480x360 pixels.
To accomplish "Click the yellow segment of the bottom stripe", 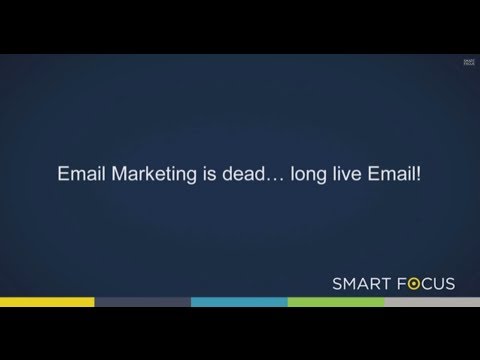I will (x=47, y=301).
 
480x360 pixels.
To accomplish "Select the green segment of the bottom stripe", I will (x=335, y=301).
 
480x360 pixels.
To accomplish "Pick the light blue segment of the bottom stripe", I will (x=239, y=301).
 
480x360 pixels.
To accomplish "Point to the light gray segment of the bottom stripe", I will (x=431, y=301).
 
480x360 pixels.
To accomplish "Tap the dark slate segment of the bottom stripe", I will (x=143, y=301).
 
